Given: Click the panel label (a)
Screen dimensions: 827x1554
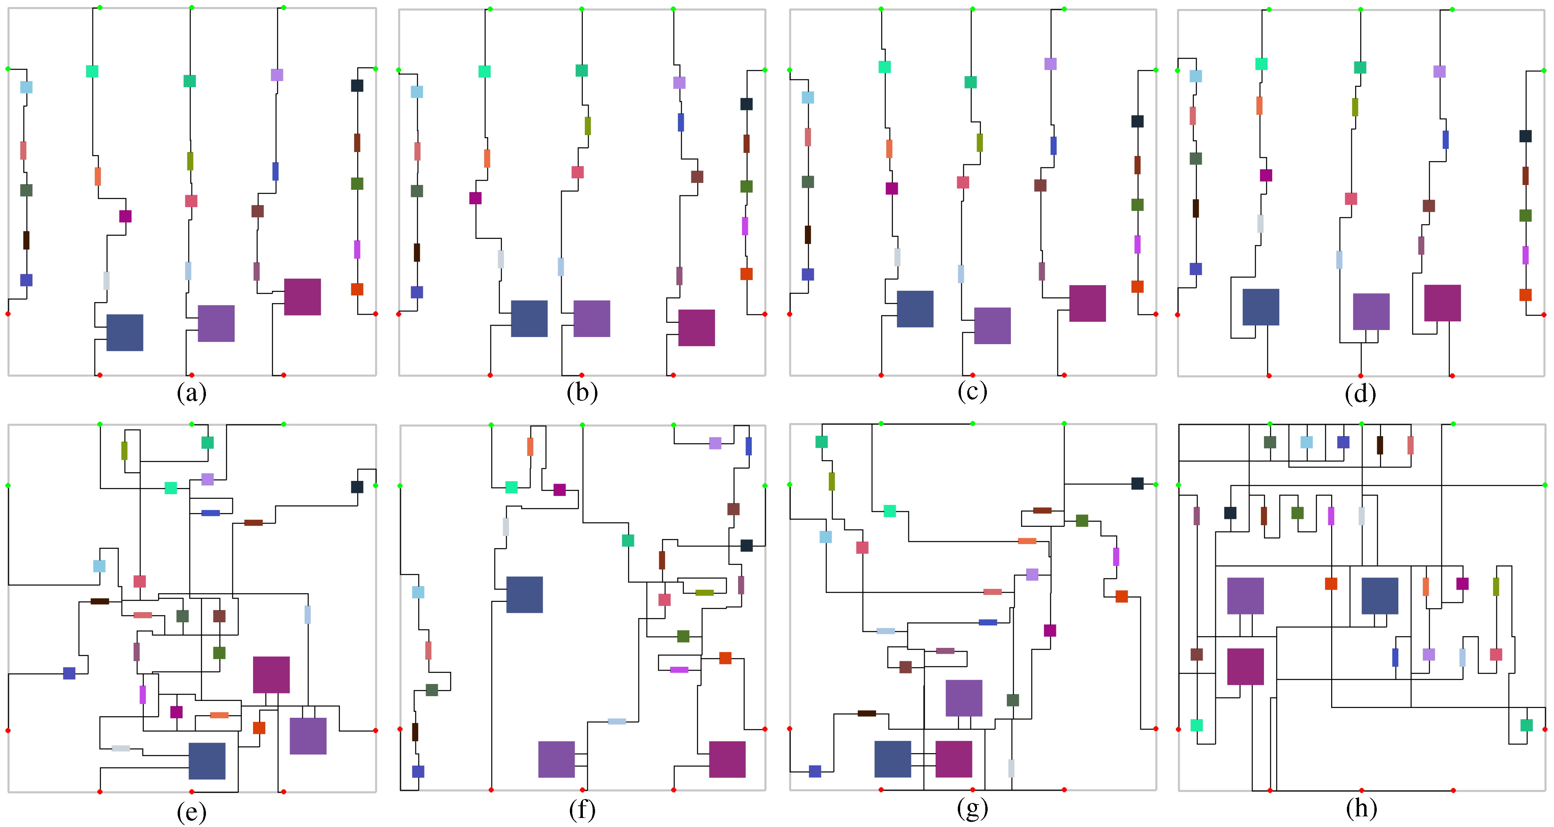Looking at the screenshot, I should (x=191, y=393).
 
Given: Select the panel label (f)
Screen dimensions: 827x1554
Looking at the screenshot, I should (x=582, y=809).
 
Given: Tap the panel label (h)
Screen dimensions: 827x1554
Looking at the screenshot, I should (x=1361, y=808).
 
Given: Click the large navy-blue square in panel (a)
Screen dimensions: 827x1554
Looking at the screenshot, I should (x=125, y=332).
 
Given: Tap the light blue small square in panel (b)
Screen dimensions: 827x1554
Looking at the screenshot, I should (x=417, y=92).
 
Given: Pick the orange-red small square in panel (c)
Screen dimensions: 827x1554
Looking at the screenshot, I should (x=1137, y=286).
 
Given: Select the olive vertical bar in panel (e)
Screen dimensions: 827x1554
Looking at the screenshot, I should (x=124, y=451).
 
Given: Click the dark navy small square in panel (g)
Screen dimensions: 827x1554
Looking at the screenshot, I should (x=1137, y=483).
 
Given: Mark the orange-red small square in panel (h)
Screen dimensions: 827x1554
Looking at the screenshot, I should (x=1331, y=583).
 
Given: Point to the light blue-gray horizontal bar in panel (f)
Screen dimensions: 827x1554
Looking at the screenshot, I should (x=617, y=721).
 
